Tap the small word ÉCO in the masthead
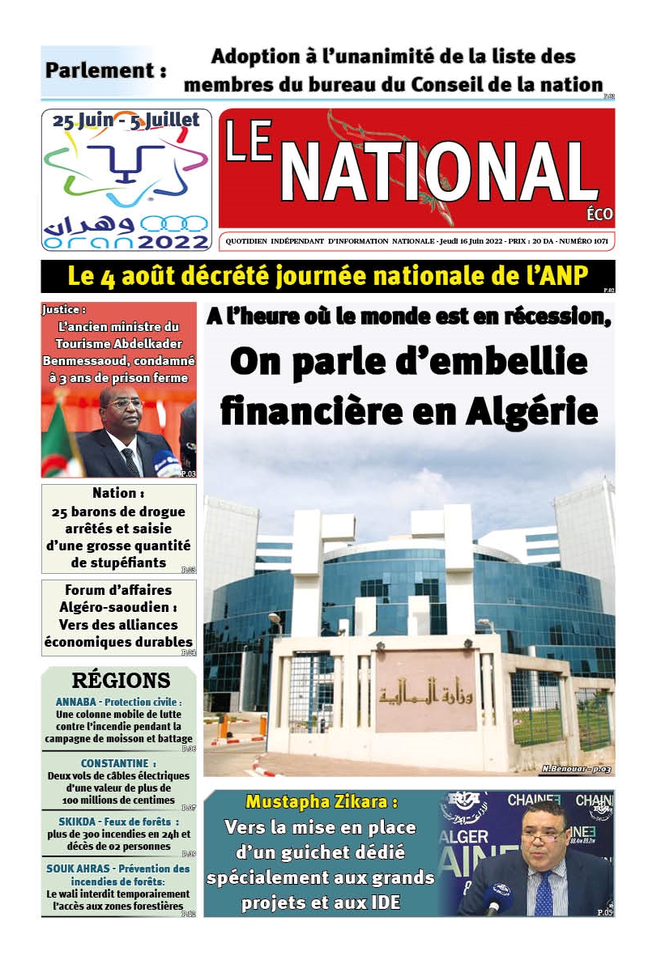point(600,214)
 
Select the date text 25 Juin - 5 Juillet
point(126,121)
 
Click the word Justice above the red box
point(63,309)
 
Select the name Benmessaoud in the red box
point(81,360)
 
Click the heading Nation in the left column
point(113,493)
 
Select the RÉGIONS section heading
point(121,680)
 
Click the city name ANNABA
point(77,702)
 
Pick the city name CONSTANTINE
point(113,763)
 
